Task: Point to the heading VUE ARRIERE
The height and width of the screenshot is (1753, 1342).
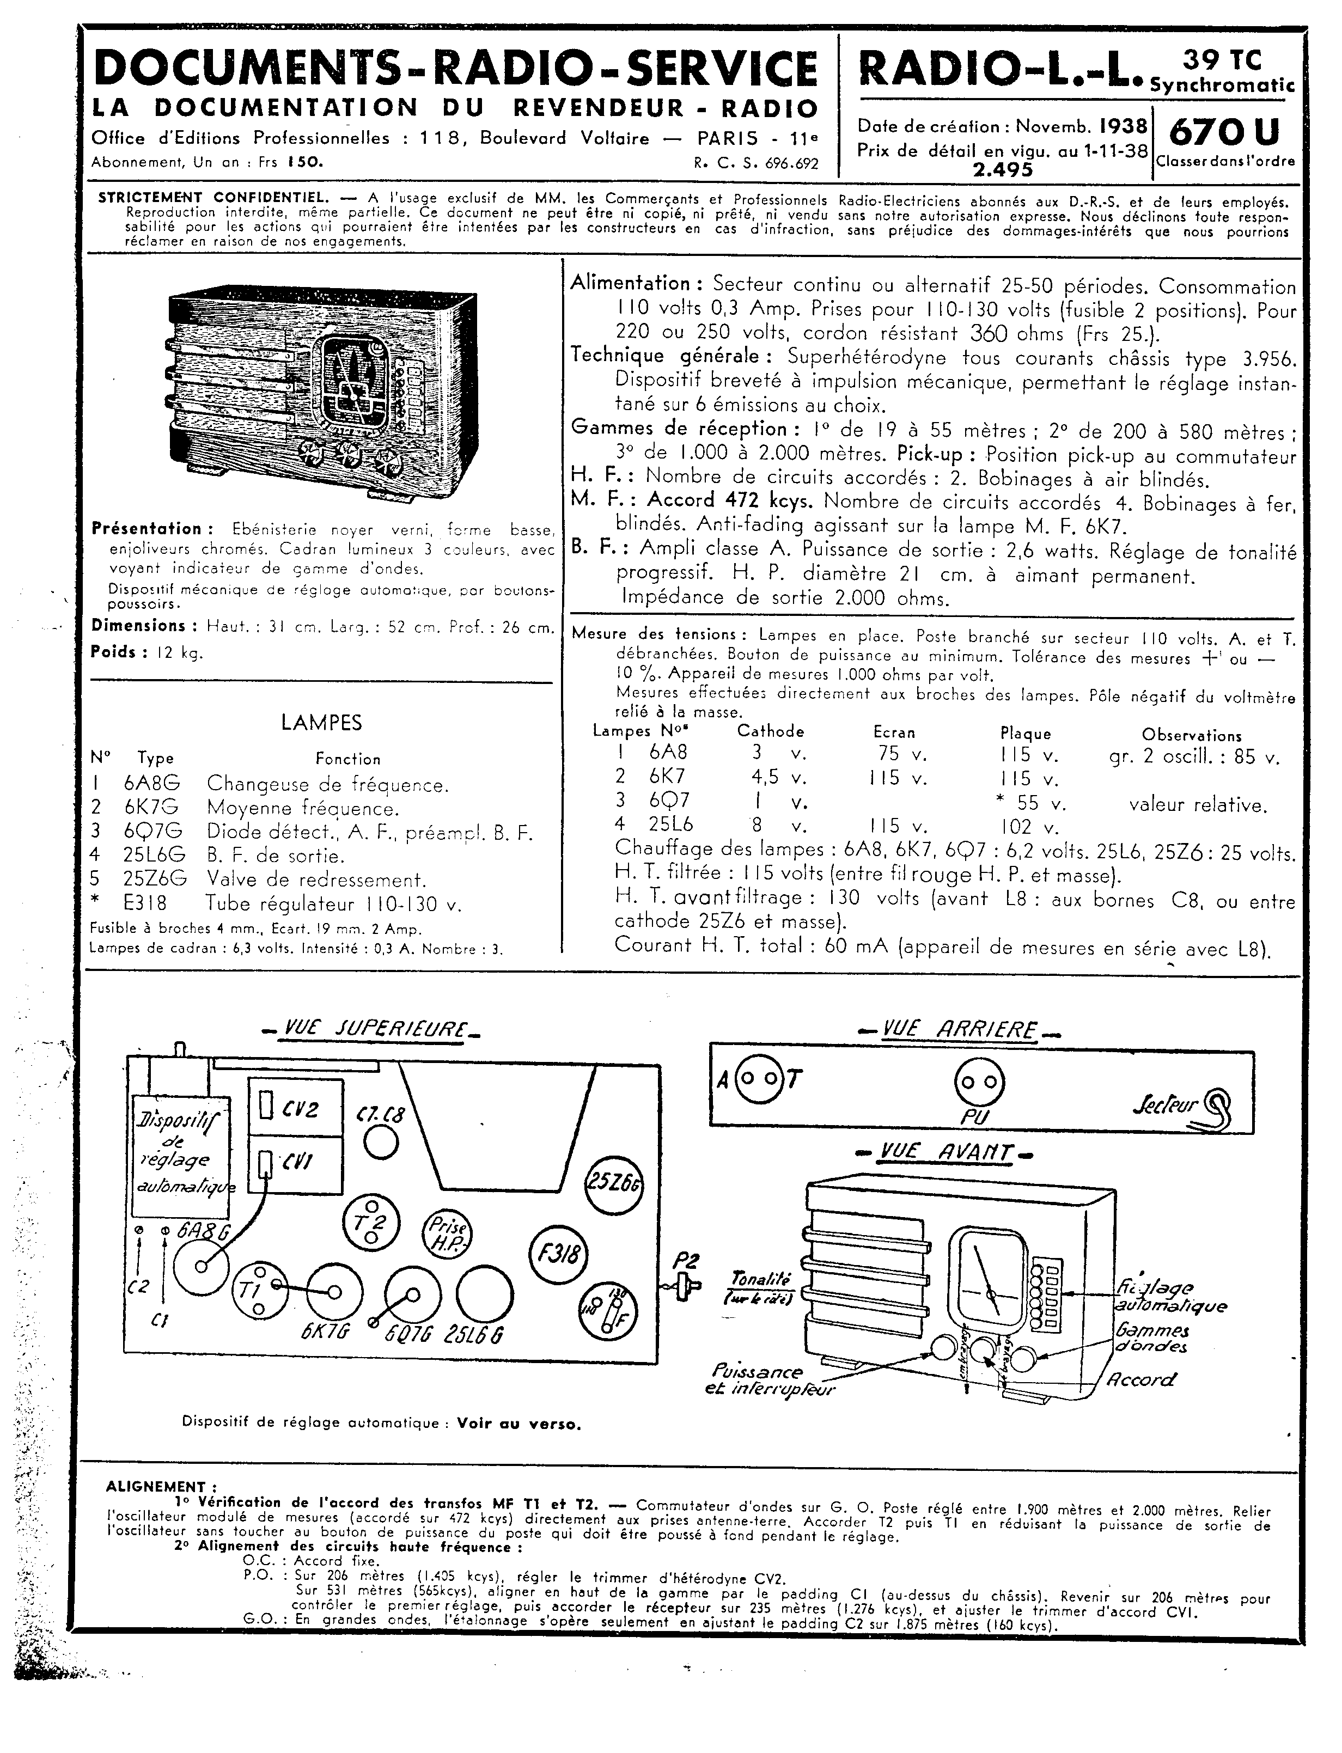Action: (x=959, y=1031)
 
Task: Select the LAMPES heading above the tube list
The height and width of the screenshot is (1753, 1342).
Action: (x=321, y=723)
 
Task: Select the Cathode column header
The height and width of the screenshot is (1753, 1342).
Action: (x=770, y=731)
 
